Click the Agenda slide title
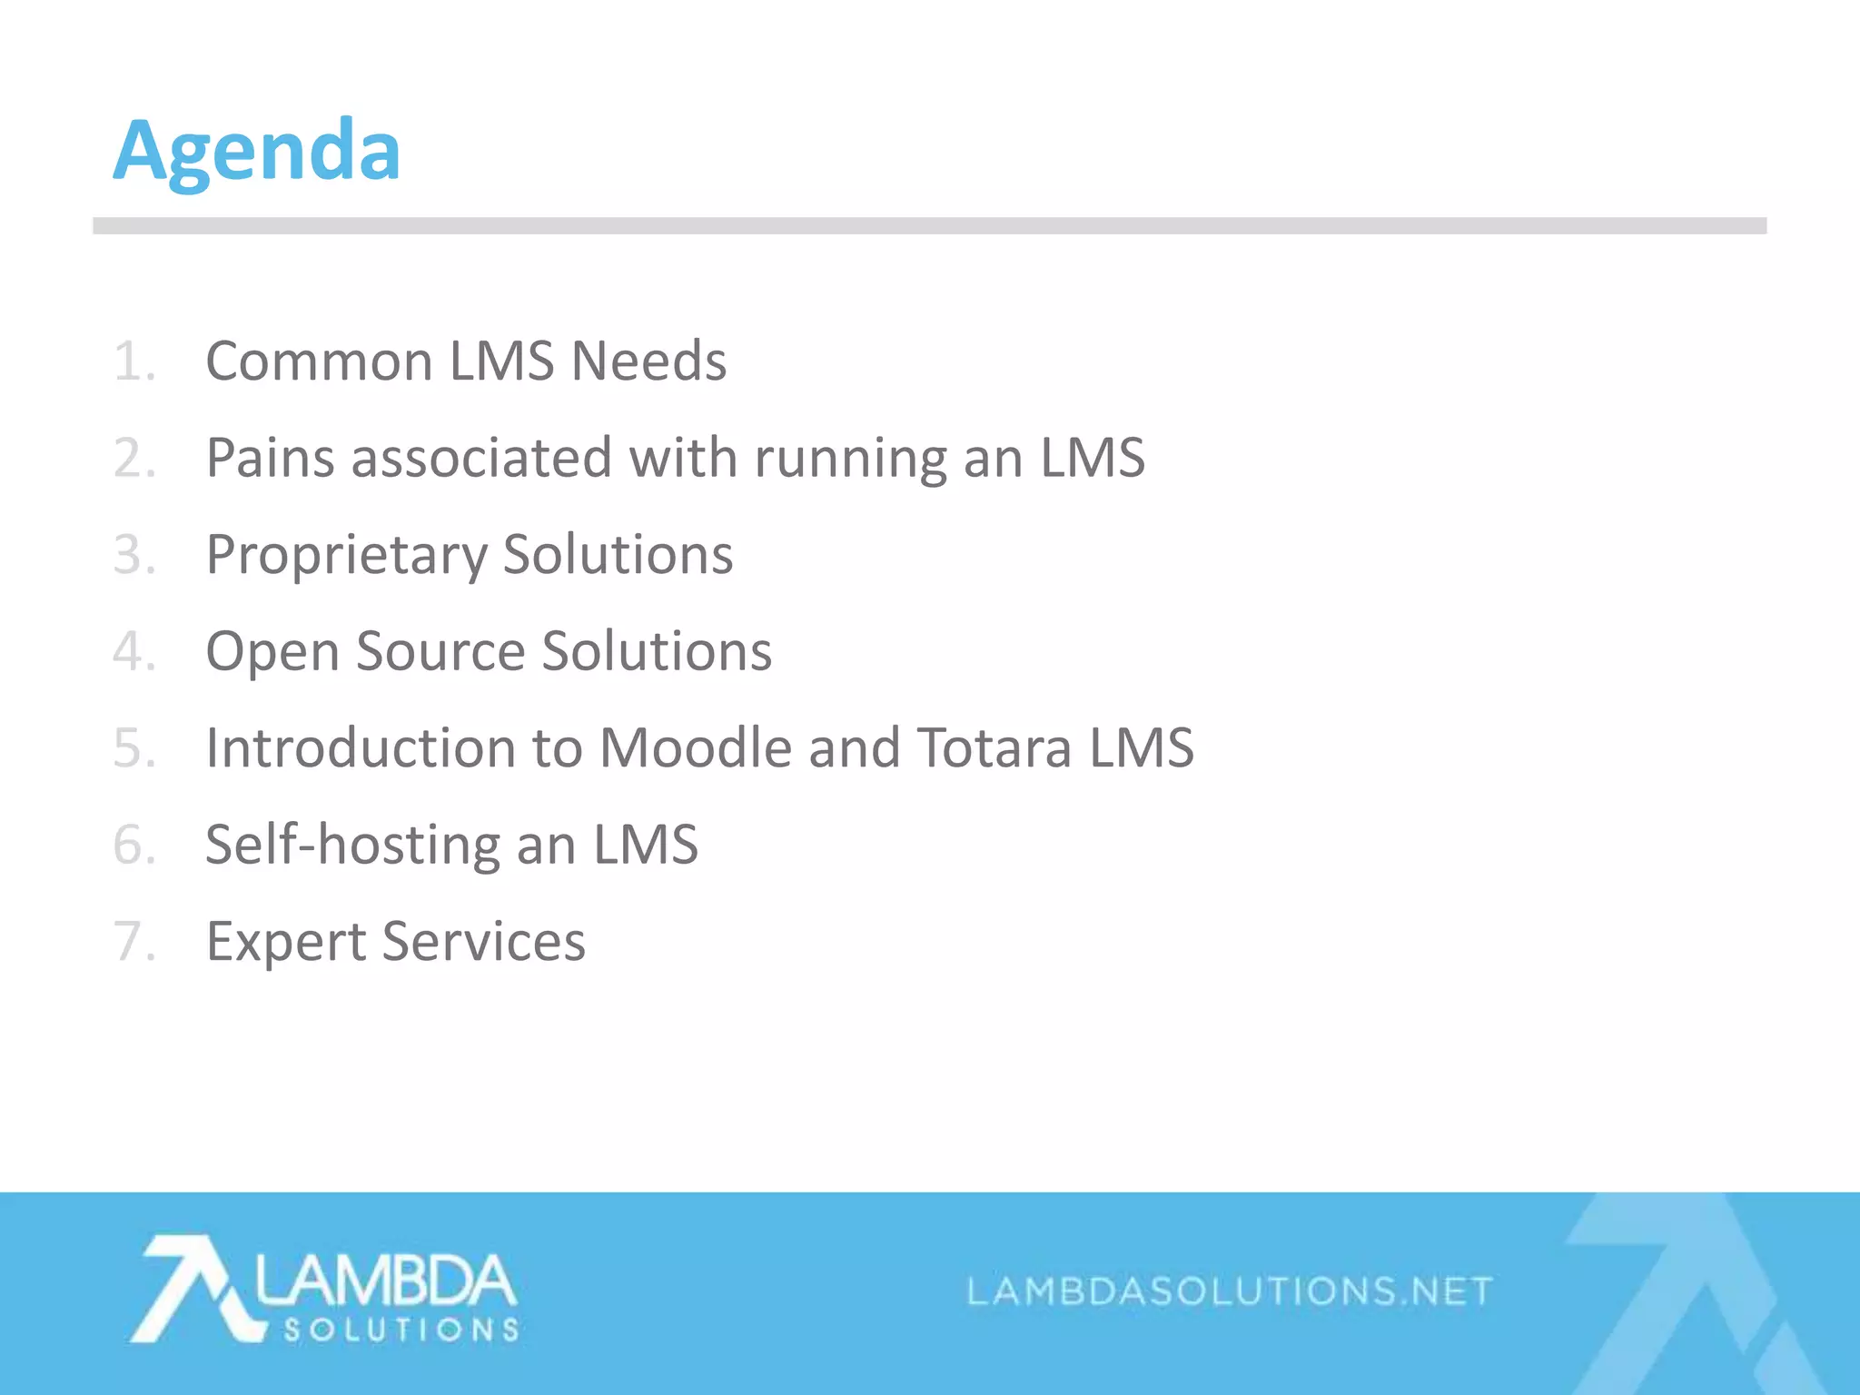pos(256,151)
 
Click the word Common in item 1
pos(319,361)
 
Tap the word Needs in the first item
pos(648,361)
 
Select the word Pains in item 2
pos(270,458)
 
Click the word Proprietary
pos(346,556)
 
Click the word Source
pos(440,652)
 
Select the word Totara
pos(994,748)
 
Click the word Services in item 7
pos(484,942)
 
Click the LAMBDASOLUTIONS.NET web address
pos(1230,1291)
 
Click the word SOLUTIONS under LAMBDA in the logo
pos(401,1331)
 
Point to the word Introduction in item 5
pos(361,748)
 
